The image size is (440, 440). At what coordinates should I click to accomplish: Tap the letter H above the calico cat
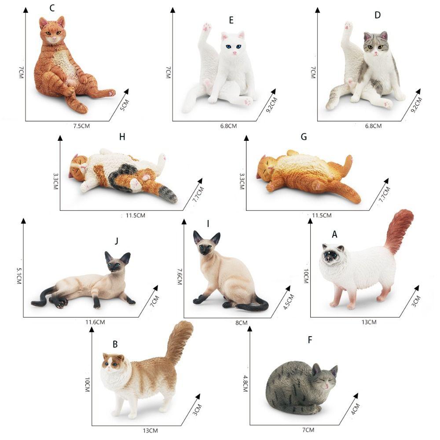coord(122,137)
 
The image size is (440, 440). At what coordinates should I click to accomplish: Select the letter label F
coord(310,340)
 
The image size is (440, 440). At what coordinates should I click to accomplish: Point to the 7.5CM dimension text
coord(82,126)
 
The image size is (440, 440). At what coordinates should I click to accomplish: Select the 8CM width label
coord(242,323)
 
